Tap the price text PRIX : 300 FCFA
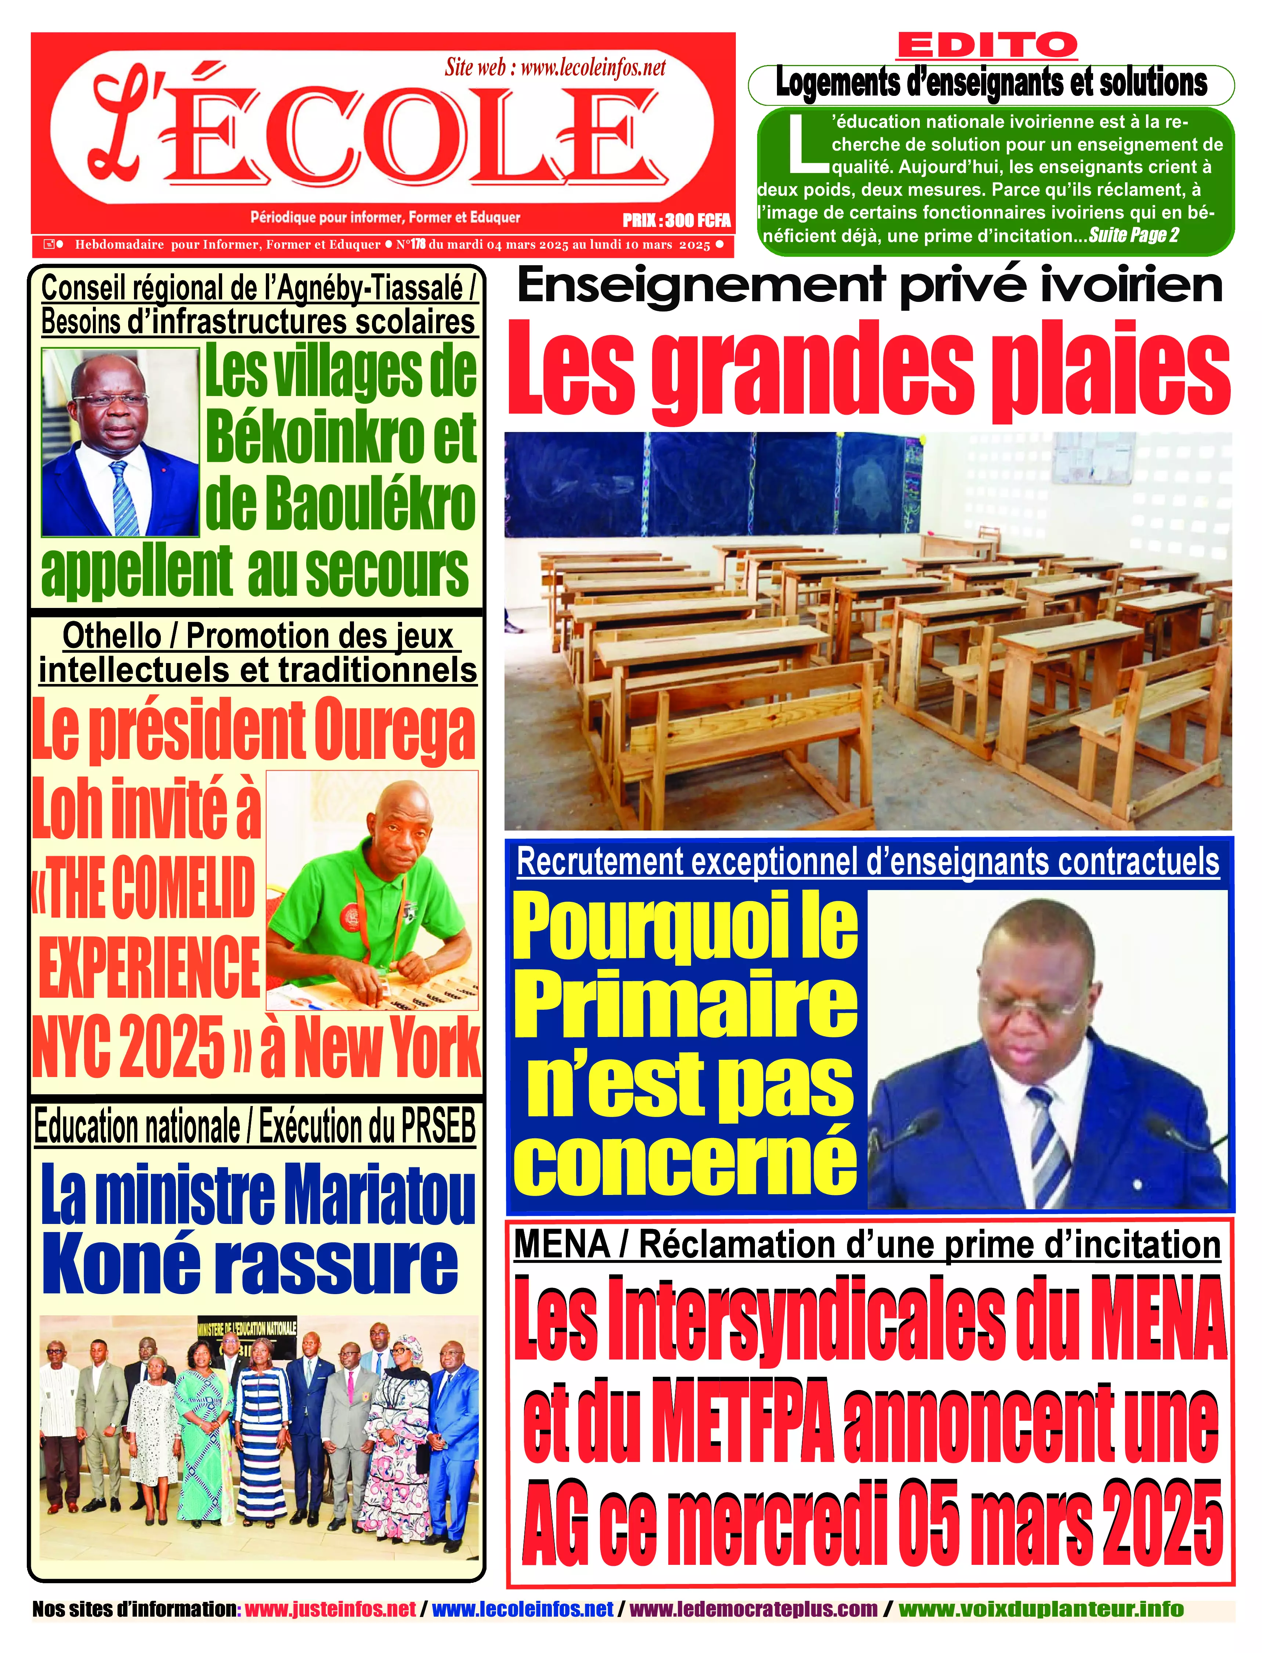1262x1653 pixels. (x=676, y=220)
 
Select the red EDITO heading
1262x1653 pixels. (x=987, y=47)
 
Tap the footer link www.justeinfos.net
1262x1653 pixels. (x=330, y=1609)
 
